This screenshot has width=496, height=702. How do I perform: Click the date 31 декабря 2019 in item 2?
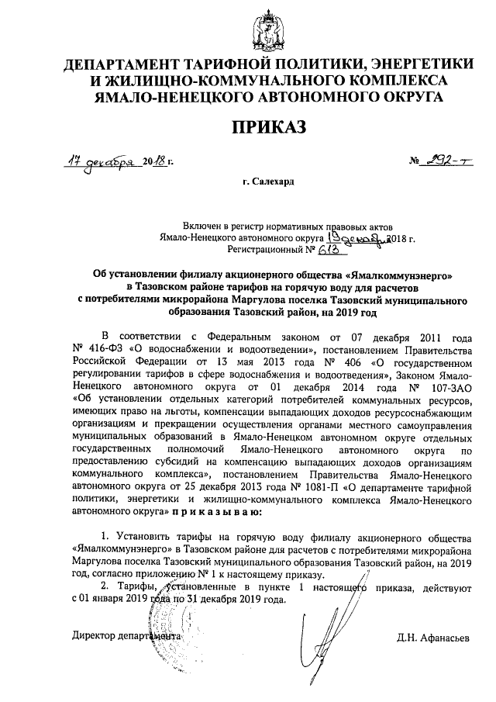229,600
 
